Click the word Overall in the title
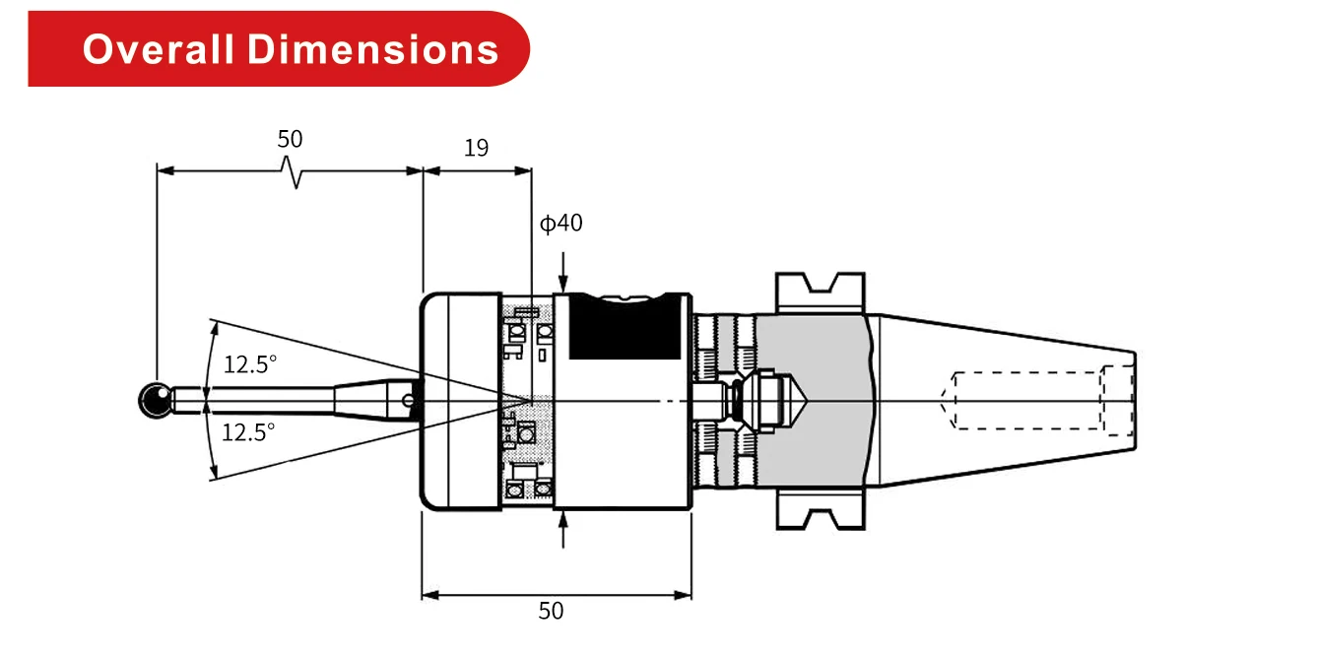(x=159, y=48)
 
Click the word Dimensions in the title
(x=373, y=48)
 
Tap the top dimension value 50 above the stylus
(x=290, y=139)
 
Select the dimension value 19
(x=476, y=149)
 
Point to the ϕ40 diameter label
(x=561, y=224)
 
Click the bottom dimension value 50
(x=552, y=612)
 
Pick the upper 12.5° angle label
(x=249, y=364)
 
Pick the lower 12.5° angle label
(x=248, y=431)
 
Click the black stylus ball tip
(x=153, y=400)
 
